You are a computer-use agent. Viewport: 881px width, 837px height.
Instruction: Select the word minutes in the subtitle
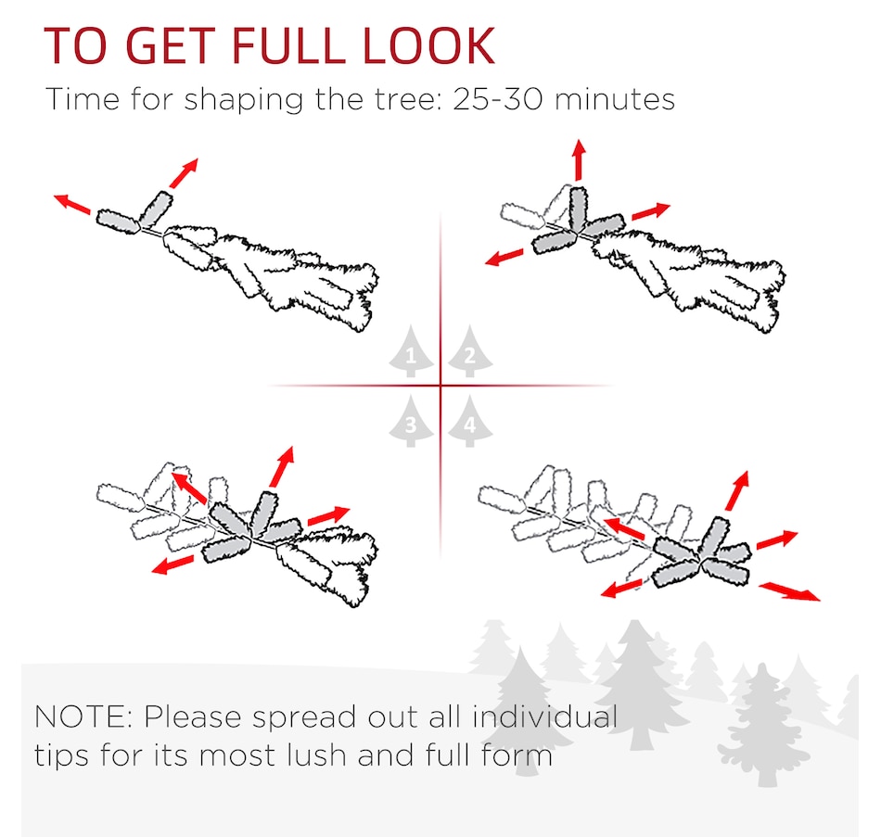click(x=614, y=99)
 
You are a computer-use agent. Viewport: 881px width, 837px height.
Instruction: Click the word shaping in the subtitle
click(x=243, y=100)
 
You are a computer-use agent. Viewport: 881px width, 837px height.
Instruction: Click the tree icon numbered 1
click(x=411, y=350)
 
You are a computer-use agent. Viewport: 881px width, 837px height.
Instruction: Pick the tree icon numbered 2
click(x=470, y=350)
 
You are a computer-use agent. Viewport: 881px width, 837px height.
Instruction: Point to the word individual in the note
click(x=545, y=717)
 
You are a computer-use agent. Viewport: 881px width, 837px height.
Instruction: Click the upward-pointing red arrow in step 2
click(x=580, y=160)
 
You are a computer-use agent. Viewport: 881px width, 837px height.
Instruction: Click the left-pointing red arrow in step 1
click(x=72, y=204)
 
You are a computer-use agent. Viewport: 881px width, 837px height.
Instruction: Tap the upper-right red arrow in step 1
click(x=184, y=173)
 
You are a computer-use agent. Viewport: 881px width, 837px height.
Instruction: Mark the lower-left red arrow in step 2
click(x=504, y=258)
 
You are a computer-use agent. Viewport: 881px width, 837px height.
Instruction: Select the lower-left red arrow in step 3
click(x=173, y=564)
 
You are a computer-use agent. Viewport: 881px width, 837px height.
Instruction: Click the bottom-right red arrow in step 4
click(x=789, y=592)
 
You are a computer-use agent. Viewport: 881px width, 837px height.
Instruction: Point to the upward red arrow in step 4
click(x=737, y=491)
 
